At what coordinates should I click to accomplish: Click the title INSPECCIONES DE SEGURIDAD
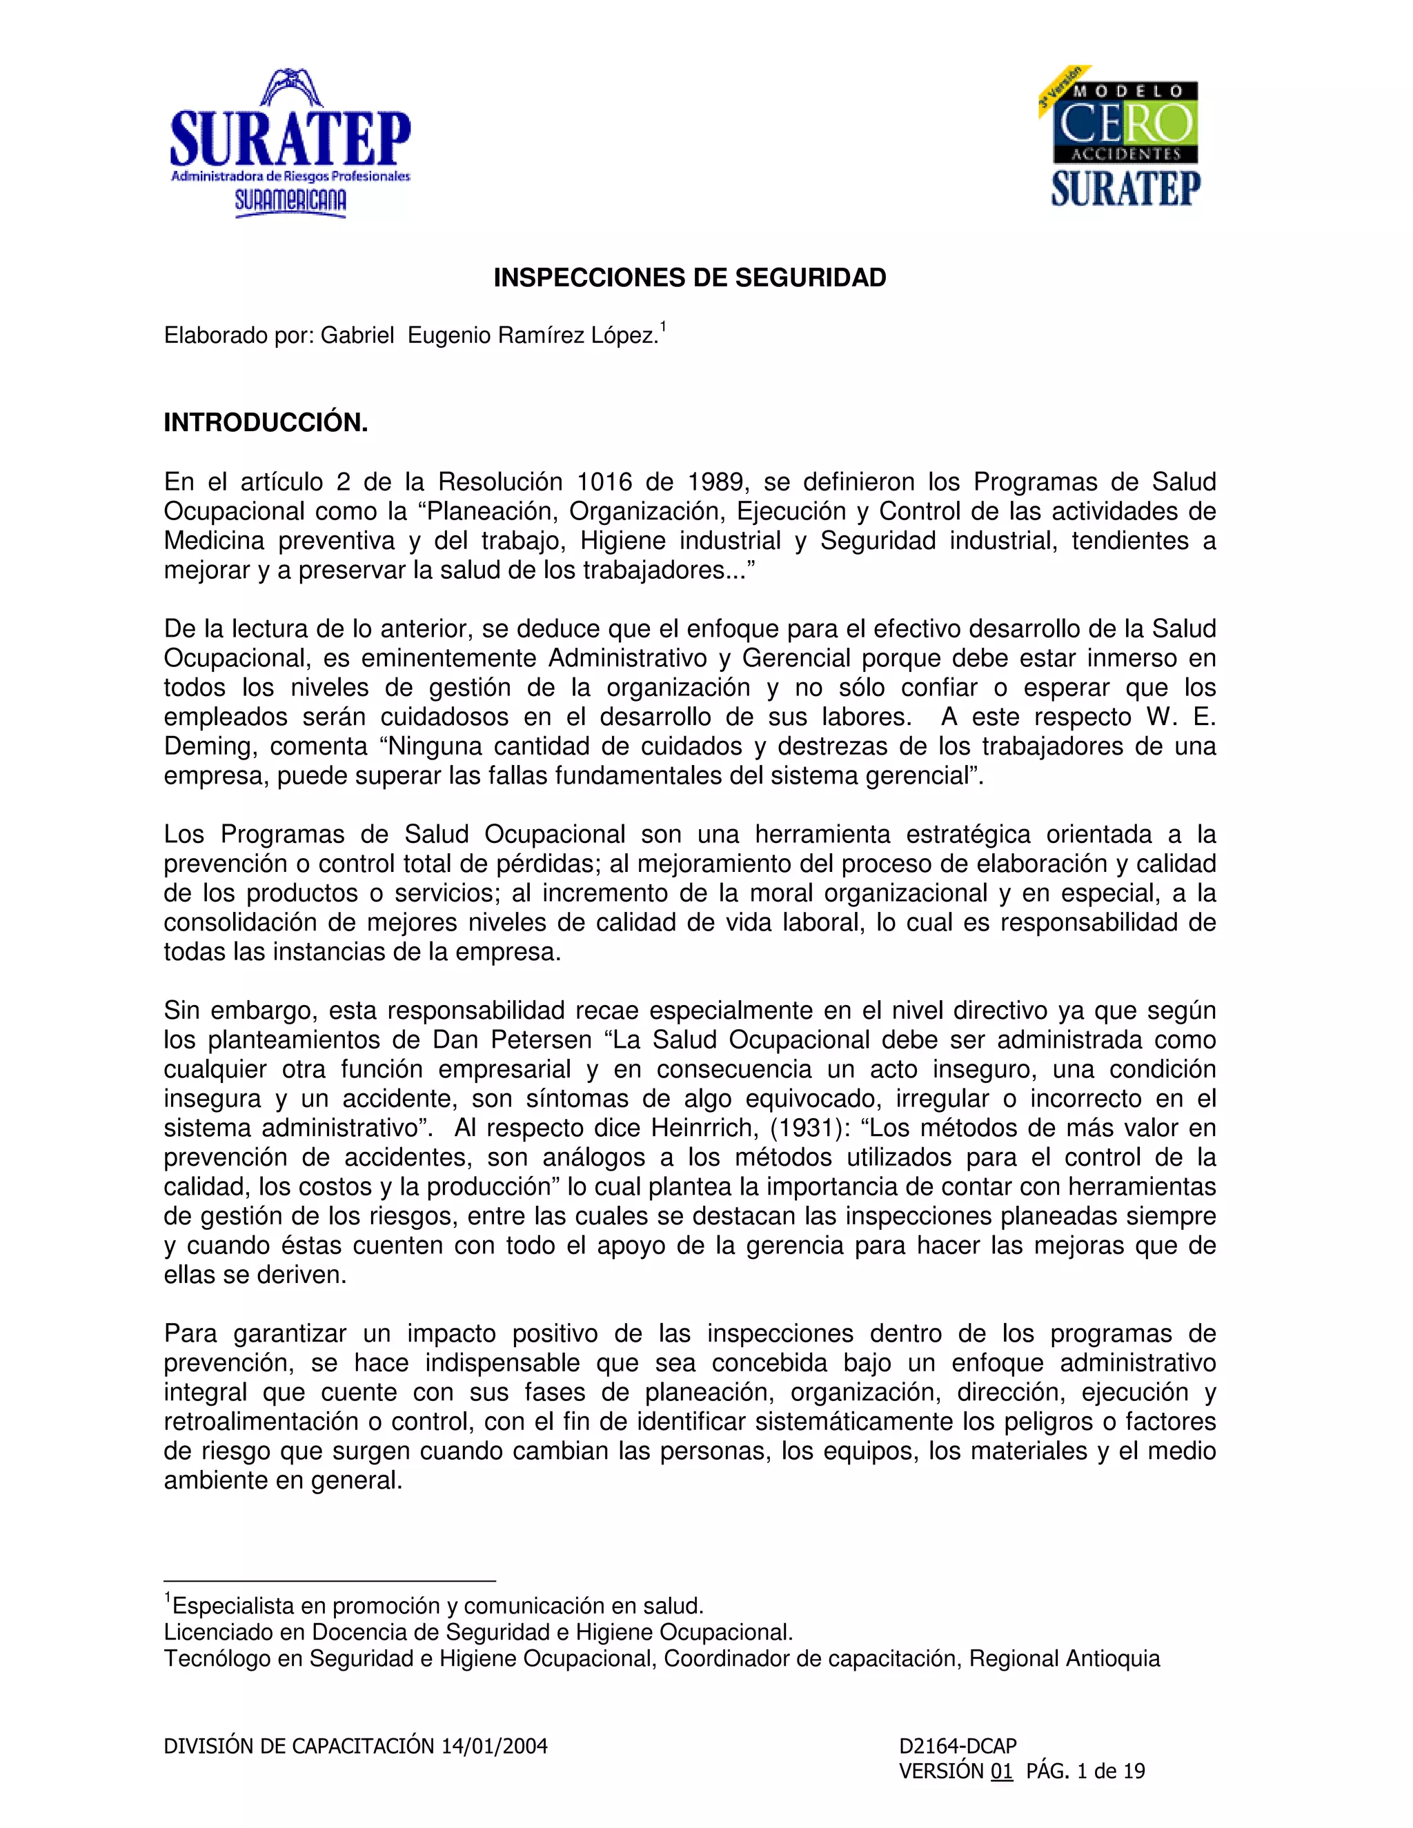point(689,278)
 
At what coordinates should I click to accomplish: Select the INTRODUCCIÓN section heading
point(266,423)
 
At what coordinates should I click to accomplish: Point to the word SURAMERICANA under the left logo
point(290,201)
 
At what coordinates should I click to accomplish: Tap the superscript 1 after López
point(663,326)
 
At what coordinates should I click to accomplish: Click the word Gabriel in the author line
point(357,336)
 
